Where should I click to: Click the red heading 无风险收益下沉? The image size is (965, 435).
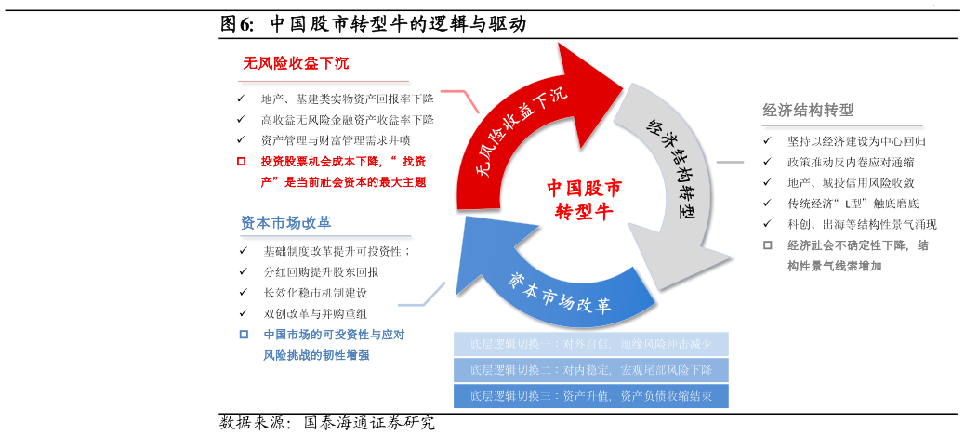[x=296, y=63]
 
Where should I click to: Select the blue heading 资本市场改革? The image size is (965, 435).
[x=286, y=223]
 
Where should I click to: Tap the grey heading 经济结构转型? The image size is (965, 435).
[x=808, y=110]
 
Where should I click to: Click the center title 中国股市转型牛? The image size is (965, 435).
[x=584, y=199]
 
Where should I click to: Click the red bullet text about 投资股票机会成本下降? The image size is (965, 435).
[x=342, y=172]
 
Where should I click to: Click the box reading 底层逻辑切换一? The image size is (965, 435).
[x=590, y=344]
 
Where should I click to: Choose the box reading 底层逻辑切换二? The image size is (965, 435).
[x=590, y=370]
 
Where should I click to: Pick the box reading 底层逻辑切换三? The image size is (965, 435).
[x=590, y=396]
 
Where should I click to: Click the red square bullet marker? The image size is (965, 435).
[x=242, y=161]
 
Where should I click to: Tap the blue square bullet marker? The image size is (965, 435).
[x=244, y=335]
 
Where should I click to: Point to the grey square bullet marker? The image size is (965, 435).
[x=768, y=245]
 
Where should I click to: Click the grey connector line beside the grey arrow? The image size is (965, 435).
[x=730, y=162]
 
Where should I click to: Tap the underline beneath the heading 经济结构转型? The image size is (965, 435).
[x=841, y=125]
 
